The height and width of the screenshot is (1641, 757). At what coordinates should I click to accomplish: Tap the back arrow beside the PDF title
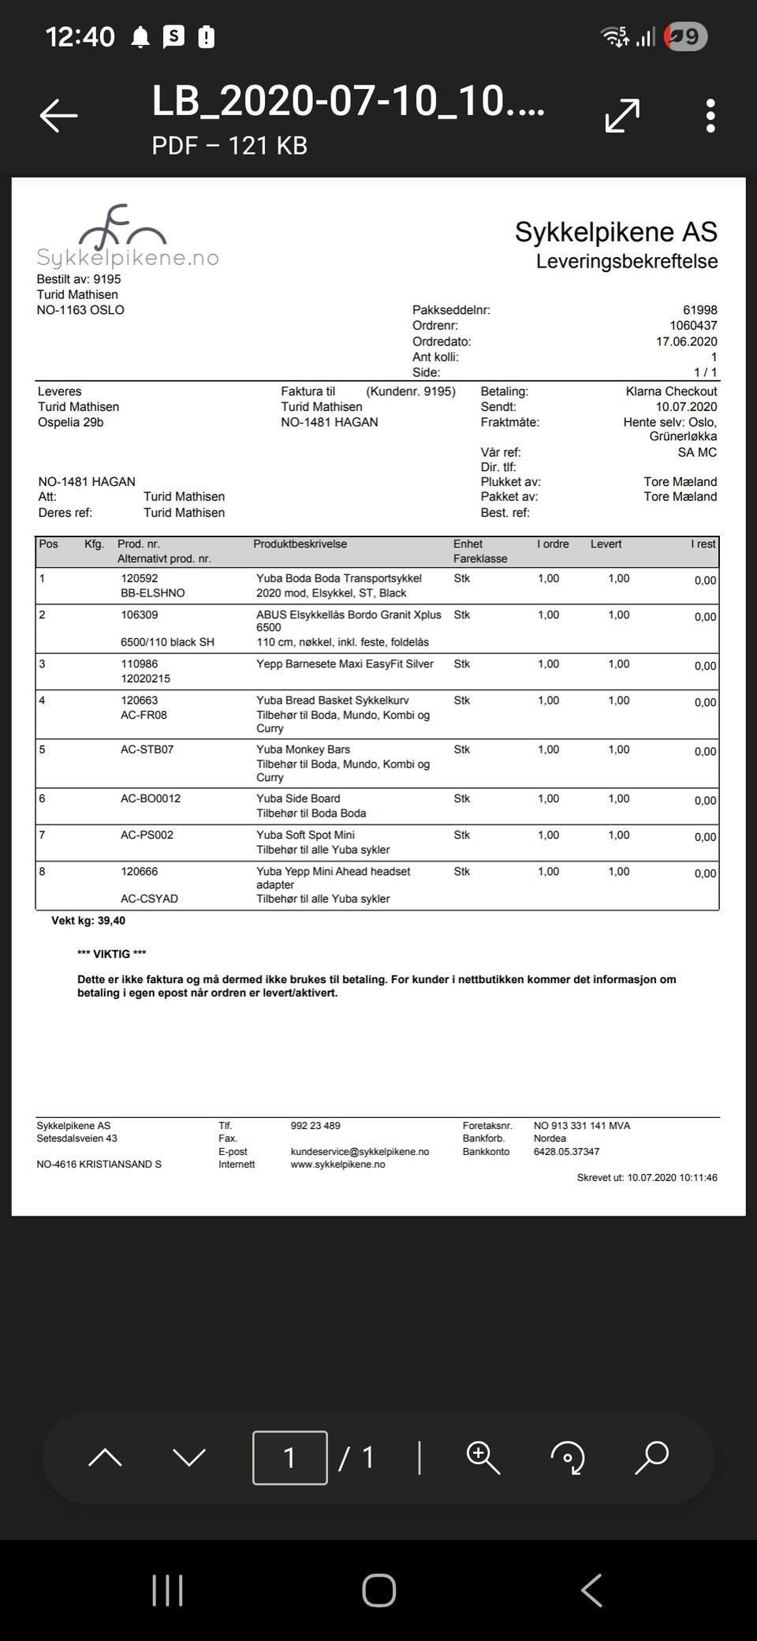pyautogui.click(x=59, y=115)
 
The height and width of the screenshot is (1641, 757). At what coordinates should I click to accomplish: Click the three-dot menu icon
pyautogui.click(x=710, y=116)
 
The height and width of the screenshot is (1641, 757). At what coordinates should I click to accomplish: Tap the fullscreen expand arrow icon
pyautogui.click(x=622, y=116)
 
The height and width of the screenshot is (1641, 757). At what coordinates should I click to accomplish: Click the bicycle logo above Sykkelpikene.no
pyautogui.click(x=122, y=226)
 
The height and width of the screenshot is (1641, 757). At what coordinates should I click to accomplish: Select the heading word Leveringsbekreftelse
pyautogui.click(x=627, y=261)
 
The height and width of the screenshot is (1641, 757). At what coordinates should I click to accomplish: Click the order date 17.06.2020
pyautogui.click(x=686, y=342)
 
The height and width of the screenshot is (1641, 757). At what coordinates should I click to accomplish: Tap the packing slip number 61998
pyautogui.click(x=699, y=310)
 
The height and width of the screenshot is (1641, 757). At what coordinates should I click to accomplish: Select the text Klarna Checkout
pyautogui.click(x=671, y=391)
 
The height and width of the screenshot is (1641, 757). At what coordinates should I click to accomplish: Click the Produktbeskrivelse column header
pyautogui.click(x=300, y=544)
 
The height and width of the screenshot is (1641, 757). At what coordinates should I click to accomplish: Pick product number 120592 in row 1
pyautogui.click(x=139, y=578)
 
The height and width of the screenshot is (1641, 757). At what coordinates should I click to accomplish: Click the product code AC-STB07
pyautogui.click(x=147, y=749)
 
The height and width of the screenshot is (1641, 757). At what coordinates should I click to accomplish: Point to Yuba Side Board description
pyautogui.click(x=298, y=798)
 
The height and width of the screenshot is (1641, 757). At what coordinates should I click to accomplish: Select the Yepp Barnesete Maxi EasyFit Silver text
pyautogui.click(x=345, y=664)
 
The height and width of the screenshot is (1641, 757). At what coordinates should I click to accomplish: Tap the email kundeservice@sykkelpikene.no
pyautogui.click(x=360, y=1152)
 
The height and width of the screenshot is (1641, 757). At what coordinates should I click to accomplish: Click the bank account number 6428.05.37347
pyautogui.click(x=566, y=1152)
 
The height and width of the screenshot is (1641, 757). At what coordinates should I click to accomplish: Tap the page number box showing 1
pyautogui.click(x=289, y=1458)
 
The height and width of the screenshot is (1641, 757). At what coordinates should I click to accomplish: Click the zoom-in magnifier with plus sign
pyautogui.click(x=483, y=1457)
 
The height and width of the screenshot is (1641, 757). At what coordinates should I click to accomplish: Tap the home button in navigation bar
pyautogui.click(x=378, y=1591)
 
